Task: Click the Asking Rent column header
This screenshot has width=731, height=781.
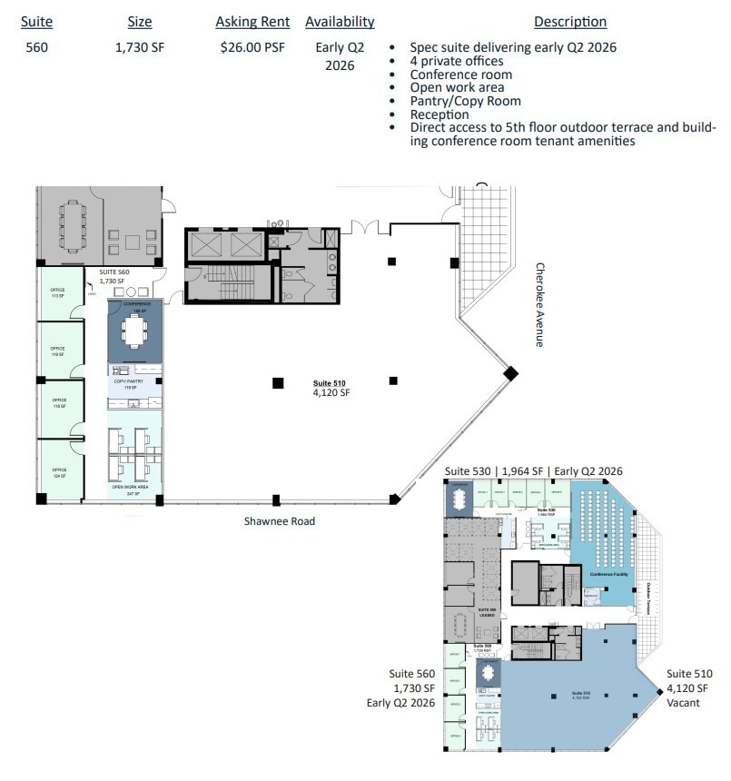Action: pyautogui.click(x=252, y=22)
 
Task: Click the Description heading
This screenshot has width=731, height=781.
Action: pyautogui.click(x=569, y=22)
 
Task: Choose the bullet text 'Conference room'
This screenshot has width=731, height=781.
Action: pyautogui.click(x=460, y=74)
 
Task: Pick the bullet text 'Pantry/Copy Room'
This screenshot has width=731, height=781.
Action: pyautogui.click(x=465, y=101)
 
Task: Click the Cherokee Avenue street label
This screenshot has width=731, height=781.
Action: pyautogui.click(x=539, y=305)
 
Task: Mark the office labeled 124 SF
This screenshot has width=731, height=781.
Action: pyautogui.click(x=59, y=471)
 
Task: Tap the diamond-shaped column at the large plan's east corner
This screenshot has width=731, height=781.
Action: pyautogui.click(x=511, y=372)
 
